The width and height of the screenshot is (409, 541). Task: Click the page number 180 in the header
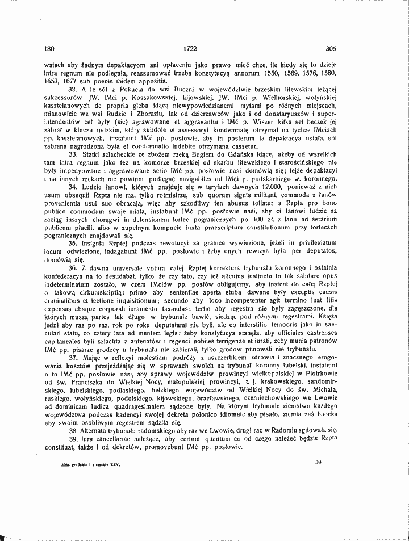pyautogui.click(x=49, y=49)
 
